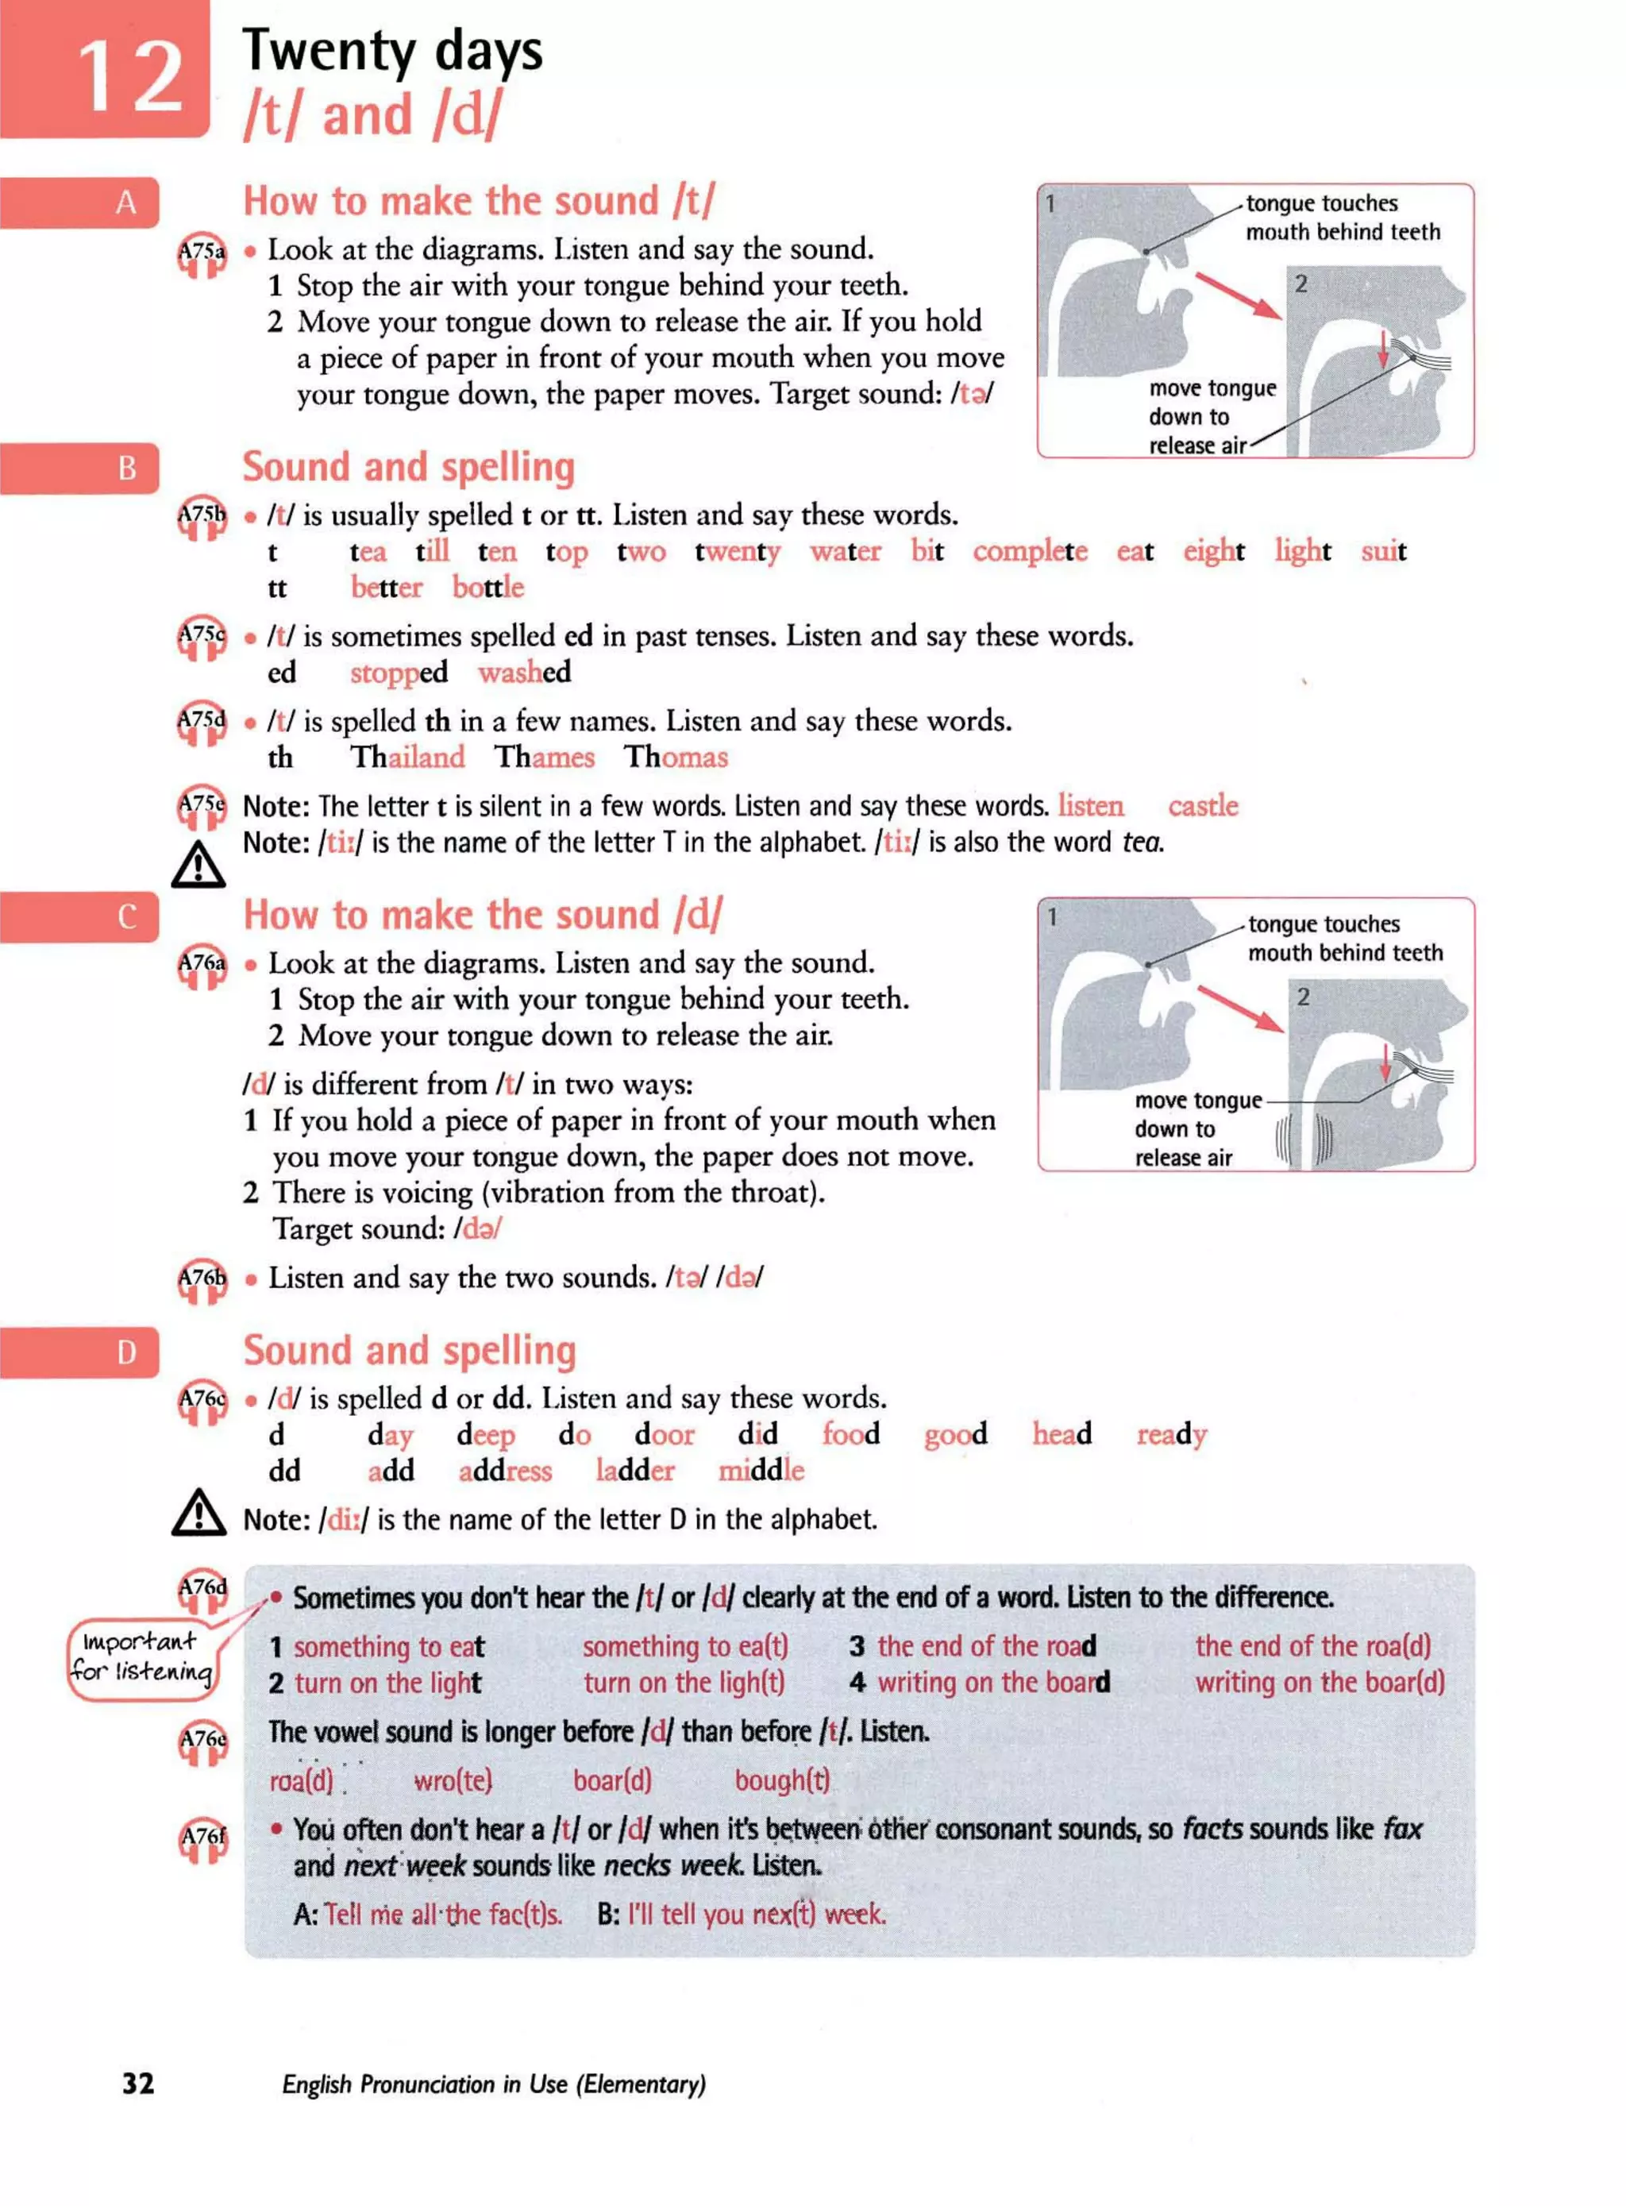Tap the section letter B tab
point(126,468)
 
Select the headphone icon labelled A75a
point(202,255)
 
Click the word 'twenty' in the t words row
point(738,552)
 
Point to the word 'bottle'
point(487,588)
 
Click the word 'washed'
point(524,673)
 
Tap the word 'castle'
point(1202,805)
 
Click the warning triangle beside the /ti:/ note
point(198,864)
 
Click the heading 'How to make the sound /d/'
point(482,915)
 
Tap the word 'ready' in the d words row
point(1170,1434)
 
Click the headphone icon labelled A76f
point(202,1839)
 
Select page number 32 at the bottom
point(138,2083)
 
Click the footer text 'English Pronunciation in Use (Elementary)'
point(493,2084)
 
